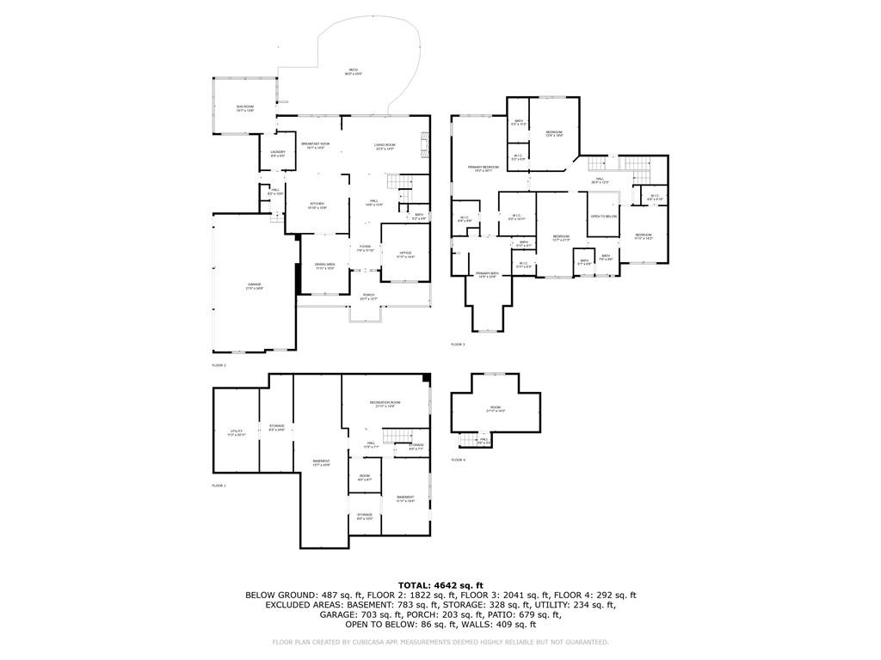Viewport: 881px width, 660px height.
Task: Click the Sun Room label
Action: (245, 108)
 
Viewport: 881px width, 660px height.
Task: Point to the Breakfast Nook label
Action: (314, 145)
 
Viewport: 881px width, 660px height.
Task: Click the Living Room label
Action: (385, 145)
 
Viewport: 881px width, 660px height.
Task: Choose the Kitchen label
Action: (317, 205)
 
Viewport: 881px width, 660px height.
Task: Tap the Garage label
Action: (255, 286)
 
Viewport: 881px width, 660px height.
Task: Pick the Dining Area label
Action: (324, 266)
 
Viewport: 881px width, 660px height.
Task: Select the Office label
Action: (405, 254)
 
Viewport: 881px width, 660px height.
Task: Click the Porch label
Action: (368, 296)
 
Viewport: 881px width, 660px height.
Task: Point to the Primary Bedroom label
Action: (484, 168)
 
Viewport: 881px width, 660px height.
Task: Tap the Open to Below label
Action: (603, 217)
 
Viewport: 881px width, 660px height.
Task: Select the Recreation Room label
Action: (385, 404)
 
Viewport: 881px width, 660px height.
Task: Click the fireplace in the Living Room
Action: (423, 145)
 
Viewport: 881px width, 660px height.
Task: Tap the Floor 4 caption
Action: (458, 460)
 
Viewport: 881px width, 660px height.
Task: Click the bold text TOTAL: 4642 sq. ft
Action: (440, 585)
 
